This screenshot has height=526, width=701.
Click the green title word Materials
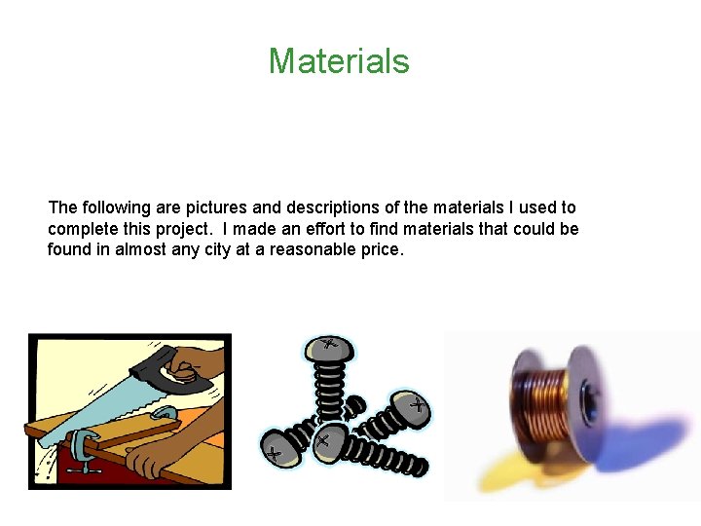click(339, 61)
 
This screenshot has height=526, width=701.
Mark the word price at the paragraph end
click(381, 249)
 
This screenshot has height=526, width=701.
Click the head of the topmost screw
click(329, 348)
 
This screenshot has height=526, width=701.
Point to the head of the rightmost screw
click(410, 405)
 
